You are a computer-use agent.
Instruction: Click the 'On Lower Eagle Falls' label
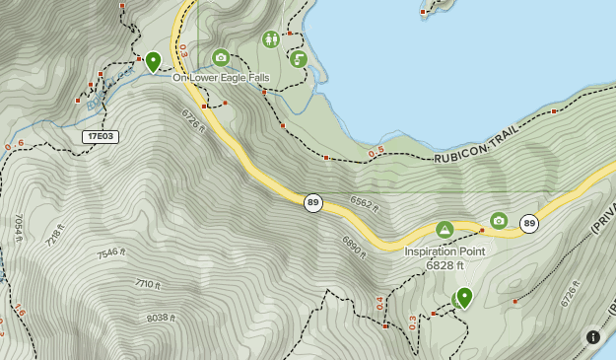coord(221,77)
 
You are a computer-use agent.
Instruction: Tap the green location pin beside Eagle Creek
coord(153,61)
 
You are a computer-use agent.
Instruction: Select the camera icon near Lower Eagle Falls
coord(221,57)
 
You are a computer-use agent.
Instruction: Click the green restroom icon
coord(271,39)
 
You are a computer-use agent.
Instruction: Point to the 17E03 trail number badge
coord(101,136)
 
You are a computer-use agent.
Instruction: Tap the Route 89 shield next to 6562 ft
coord(313,202)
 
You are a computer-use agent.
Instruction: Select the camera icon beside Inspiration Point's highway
coord(499,220)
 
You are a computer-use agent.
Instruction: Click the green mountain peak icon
coord(445,230)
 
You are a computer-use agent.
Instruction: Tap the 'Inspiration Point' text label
coord(445,251)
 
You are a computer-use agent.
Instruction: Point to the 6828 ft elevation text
coord(445,265)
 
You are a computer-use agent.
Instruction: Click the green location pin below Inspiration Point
coord(464,296)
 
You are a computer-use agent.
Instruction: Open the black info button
coord(593,336)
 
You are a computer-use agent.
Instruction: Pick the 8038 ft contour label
coord(160,318)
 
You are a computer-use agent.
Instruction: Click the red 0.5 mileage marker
coord(376,153)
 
